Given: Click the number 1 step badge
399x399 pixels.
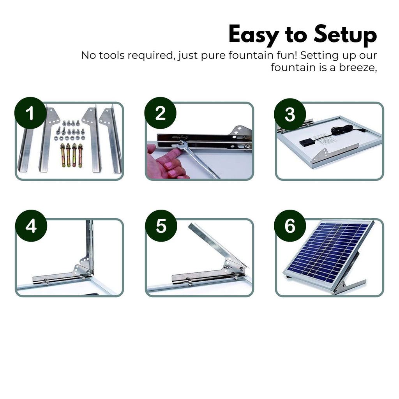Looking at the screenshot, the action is pos(31,113).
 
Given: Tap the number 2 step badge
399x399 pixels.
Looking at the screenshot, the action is pos(160,113).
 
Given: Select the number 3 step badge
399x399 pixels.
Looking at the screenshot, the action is pos(290,114).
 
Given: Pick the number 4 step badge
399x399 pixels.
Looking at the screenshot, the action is pos(31,226).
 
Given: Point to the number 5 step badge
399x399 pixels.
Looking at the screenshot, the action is pos(161,226).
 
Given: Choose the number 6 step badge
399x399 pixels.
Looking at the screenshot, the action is pos(290,226).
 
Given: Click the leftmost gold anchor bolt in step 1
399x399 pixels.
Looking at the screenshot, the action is pos(62,155).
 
